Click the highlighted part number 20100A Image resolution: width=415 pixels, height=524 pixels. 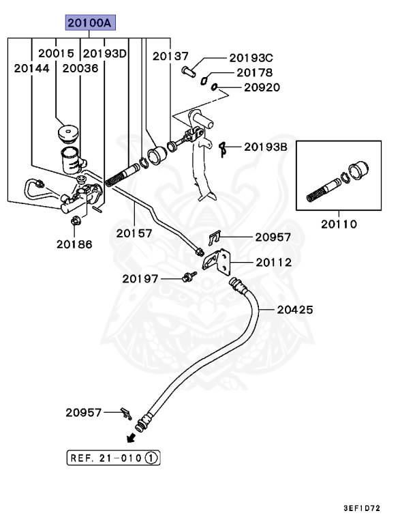point(91,24)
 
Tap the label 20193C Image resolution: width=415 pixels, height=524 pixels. point(250,59)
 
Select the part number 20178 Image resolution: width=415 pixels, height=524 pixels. point(254,73)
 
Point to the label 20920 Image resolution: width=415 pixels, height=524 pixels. point(260,87)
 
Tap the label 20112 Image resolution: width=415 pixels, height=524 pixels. point(274,262)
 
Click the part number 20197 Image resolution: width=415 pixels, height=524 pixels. point(140,278)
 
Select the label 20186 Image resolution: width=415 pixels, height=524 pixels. point(74,244)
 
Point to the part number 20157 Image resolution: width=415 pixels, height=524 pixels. point(134,233)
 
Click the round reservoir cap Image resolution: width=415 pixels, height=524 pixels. point(70,131)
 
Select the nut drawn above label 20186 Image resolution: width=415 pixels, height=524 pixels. point(74,220)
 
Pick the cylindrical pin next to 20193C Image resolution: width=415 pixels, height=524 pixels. point(190,68)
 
